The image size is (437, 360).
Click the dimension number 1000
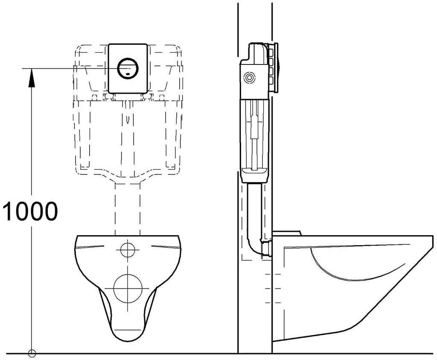click(x=30, y=211)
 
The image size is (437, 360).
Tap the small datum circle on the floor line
click(x=32, y=354)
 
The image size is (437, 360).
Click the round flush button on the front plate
click(x=128, y=68)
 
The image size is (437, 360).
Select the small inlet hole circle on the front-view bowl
click(x=128, y=250)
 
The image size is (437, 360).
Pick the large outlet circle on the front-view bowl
click(x=128, y=288)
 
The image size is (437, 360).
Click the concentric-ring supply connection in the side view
click(x=249, y=78)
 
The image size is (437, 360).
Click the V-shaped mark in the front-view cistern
click(x=128, y=119)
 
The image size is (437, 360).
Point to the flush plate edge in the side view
click(x=277, y=67)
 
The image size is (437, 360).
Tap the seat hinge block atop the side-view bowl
click(x=287, y=233)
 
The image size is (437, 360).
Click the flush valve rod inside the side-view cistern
click(x=254, y=134)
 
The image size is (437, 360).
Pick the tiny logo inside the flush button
click(x=128, y=74)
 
